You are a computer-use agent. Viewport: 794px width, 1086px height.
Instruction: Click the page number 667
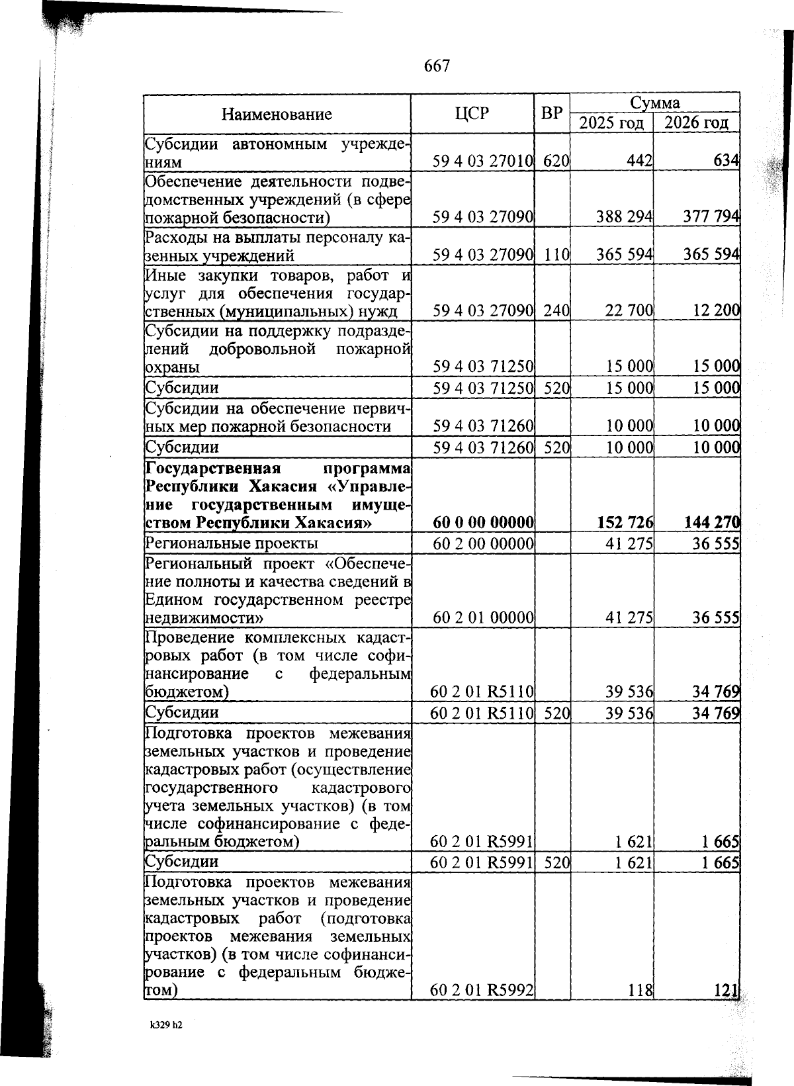click(437, 66)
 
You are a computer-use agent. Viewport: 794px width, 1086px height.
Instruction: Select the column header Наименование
click(277, 114)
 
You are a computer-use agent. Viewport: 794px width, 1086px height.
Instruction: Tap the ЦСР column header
click(472, 113)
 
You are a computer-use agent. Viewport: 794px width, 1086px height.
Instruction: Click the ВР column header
click(552, 113)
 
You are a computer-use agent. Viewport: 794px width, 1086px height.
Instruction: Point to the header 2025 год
click(611, 123)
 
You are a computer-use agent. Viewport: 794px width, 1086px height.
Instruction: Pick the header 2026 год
click(696, 123)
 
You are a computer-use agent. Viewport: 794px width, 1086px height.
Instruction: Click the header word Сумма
click(654, 103)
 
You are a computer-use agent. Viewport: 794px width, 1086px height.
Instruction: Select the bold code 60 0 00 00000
click(483, 523)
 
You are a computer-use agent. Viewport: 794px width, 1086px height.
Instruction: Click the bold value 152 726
click(625, 523)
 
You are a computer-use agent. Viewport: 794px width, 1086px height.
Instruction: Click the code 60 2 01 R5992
click(482, 990)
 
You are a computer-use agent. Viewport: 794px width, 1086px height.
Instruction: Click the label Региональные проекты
click(232, 543)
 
